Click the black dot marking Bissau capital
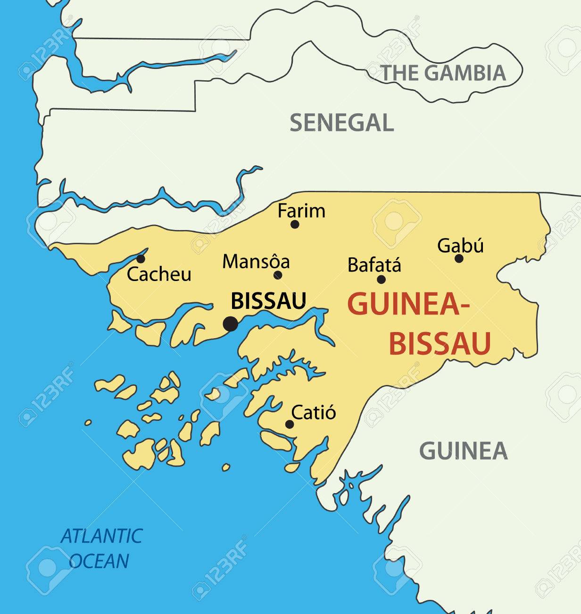click(x=230, y=324)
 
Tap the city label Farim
click(x=301, y=211)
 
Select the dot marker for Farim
click(x=295, y=224)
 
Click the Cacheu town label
click(x=159, y=274)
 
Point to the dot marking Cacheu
click(x=141, y=259)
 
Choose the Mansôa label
click(x=256, y=262)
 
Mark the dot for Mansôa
click(x=278, y=275)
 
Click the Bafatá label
click(x=374, y=265)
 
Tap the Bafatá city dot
click(x=381, y=280)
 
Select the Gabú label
click(x=460, y=246)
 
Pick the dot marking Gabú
click(x=459, y=258)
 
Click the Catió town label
click(x=314, y=412)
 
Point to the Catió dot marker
click(x=290, y=424)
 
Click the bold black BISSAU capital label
click(x=268, y=301)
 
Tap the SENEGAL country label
click(x=341, y=123)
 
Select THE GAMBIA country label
click(x=443, y=73)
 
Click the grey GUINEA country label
click(x=463, y=451)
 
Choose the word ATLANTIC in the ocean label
click(x=101, y=536)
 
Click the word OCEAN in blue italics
click(x=99, y=561)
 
